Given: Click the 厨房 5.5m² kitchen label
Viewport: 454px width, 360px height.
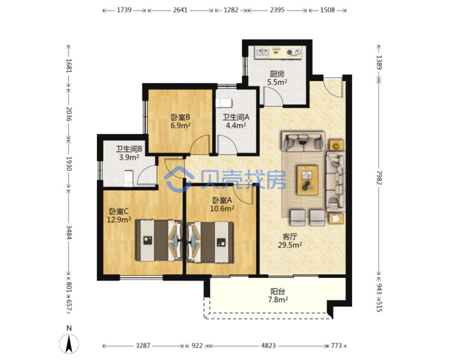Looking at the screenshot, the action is (277, 78).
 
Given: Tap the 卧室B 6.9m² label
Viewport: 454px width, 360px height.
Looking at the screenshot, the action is (180, 121).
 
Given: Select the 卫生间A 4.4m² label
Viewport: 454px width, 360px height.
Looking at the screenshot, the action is (236, 121).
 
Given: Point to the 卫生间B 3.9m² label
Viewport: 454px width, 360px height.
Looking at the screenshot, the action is (129, 153).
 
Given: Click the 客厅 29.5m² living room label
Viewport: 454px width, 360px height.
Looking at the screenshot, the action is (290, 241).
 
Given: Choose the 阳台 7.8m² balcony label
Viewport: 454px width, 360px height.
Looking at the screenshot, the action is (278, 296).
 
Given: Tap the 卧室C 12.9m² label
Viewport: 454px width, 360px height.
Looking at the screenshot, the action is (119, 215).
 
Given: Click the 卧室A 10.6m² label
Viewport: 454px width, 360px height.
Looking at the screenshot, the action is (222, 204).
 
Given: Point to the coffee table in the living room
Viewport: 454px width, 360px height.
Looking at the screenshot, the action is (307, 180).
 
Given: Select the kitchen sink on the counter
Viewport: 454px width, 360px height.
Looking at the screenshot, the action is (262, 52).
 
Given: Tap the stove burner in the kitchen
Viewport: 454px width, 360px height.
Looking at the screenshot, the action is (290, 52).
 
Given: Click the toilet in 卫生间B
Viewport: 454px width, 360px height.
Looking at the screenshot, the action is (128, 179).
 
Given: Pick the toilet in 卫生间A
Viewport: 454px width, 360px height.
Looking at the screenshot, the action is (224, 103).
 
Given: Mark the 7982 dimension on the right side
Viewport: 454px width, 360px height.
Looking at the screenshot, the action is (379, 177).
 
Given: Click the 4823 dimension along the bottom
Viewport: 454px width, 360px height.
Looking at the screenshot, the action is (269, 345).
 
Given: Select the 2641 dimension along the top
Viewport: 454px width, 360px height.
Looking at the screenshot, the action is (180, 10).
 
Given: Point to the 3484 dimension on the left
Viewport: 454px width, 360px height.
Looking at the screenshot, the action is (69, 232).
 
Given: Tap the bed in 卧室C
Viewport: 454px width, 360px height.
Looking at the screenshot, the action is (159, 241).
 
